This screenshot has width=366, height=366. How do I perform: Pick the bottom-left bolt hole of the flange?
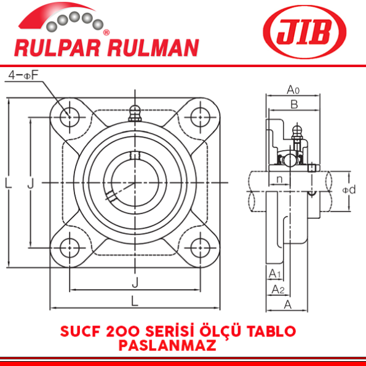[68, 247]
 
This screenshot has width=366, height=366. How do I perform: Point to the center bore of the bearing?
[133, 182]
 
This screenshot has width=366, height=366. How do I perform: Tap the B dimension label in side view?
[294, 105]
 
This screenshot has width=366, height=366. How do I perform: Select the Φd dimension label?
[349, 189]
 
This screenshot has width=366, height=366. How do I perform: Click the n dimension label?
[280, 180]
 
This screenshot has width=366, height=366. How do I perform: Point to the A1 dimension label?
[274, 273]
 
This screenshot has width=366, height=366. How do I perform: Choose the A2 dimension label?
[278, 289]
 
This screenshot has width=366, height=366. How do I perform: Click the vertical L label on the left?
[8, 183]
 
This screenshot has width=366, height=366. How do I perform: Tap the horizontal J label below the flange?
[134, 282]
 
